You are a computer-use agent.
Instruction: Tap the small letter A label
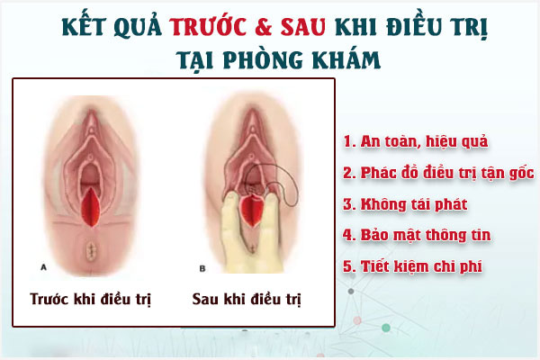tap(44, 266)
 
